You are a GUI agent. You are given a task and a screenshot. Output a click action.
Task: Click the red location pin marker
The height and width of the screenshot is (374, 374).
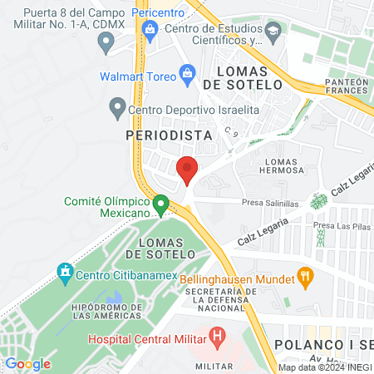[x=187, y=169]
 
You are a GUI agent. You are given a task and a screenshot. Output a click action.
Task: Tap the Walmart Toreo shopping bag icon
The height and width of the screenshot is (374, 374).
[x=187, y=76]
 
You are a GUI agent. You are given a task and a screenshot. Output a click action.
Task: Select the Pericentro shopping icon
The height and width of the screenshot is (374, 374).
[x=150, y=32]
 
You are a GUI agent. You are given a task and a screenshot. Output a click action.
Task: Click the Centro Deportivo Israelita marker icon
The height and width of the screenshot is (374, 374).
[x=117, y=108]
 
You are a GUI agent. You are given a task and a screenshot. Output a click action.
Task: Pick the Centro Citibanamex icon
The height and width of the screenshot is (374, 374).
[x=64, y=271]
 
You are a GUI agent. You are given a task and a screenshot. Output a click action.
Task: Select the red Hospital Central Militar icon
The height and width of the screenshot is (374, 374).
[x=218, y=338]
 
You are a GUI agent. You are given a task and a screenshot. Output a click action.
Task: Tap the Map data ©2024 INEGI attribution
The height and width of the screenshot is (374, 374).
[x=325, y=367]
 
